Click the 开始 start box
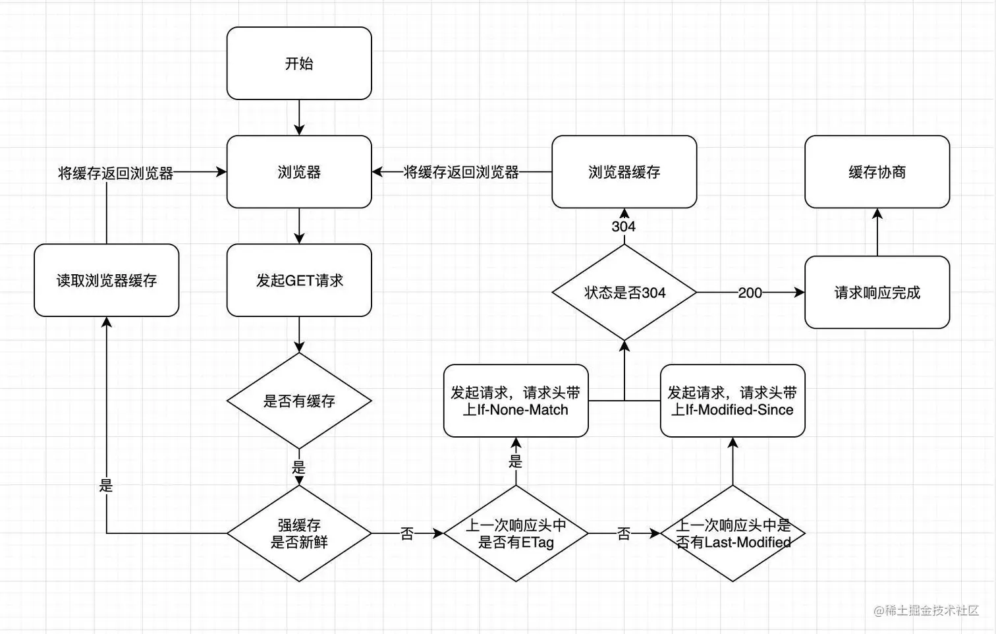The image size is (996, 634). [x=299, y=63]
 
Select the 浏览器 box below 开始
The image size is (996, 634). [x=299, y=172]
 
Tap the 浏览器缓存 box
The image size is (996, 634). [x=624, y=172]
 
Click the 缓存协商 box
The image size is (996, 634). [x=877, y=172]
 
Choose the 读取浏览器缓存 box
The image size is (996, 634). [x=106, y=280]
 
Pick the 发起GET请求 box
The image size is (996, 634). [x=299, y=280]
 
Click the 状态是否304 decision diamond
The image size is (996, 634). [x=624, y=293]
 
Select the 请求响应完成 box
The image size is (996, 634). [x=877, y=293]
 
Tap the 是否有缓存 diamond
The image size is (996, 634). [x=299, y=401]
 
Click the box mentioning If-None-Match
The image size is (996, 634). [x=515, y=401]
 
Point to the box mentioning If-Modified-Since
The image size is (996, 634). [x=733, y=401]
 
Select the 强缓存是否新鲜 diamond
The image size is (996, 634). [x=299, y=534]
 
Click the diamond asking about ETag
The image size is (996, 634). [x=515, y=534]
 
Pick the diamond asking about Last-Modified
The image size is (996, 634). [x=733, y=534]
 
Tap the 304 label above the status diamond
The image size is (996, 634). [x=623, y=227]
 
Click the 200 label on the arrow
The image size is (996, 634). [x=750, y=293]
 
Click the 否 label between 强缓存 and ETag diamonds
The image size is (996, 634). [x=407, y=534]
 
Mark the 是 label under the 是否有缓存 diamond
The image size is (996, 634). [x=299, y=468]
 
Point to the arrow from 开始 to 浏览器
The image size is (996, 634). [x=299, y=118]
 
